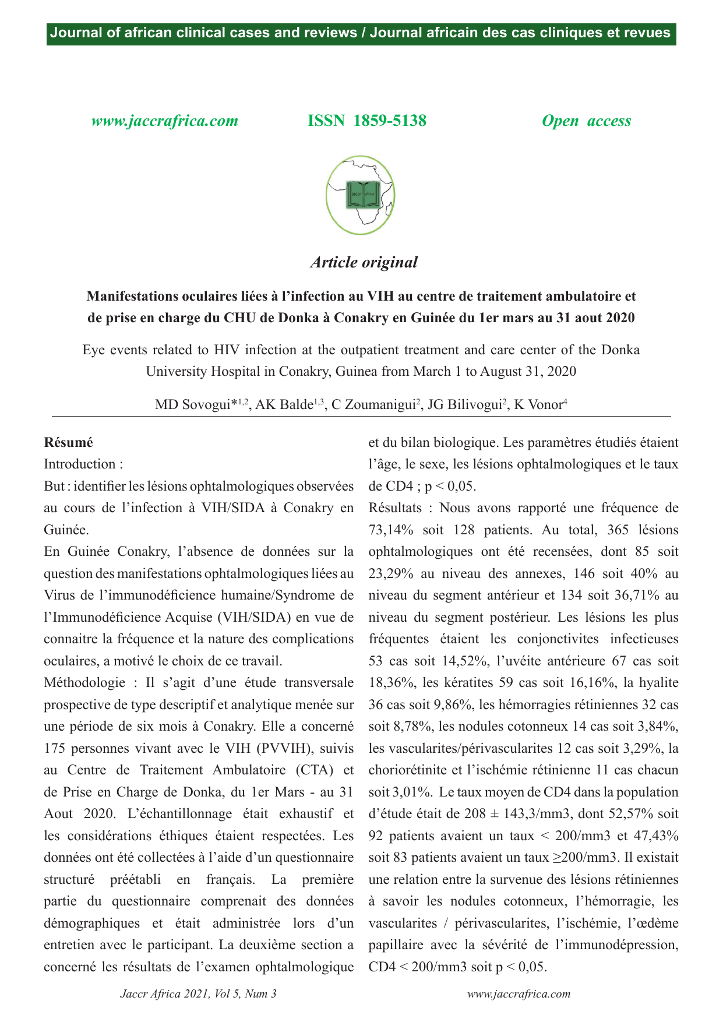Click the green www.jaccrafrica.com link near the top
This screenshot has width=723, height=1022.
[165, 121]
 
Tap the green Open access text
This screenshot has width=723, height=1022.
[586, 121]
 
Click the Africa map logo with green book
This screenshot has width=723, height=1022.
[361, 195]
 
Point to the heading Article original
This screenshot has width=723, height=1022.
[364, 262]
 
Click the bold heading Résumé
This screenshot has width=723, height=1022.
[68, 442]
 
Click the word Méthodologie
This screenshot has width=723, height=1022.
[84, 682]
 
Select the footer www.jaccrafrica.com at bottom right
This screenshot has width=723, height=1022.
[519, 993]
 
